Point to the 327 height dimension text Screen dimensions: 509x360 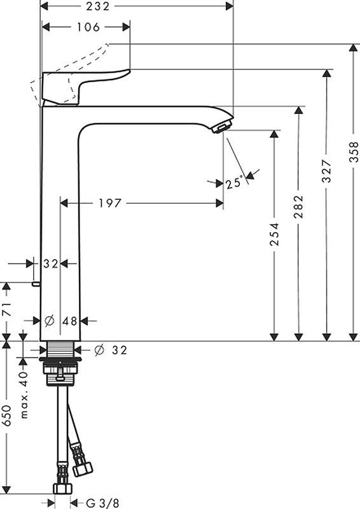point(327,171)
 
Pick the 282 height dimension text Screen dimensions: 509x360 point(299,207)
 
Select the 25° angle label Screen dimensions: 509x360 point(234,183)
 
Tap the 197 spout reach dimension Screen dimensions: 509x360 point(111,203)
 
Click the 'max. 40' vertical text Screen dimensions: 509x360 point(24,395)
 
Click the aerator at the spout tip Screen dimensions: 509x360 point(220,129)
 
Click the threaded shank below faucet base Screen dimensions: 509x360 point(62,351)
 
